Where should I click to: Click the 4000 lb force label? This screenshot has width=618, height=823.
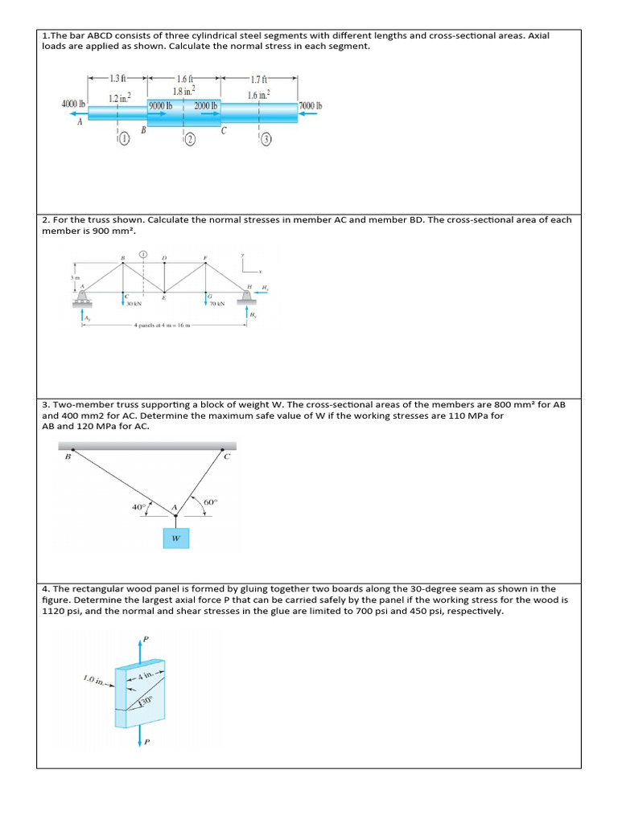(x=73, y=104)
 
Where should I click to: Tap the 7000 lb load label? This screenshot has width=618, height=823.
(x=310, y=105)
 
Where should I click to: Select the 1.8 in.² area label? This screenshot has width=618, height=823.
(x=183, y=92)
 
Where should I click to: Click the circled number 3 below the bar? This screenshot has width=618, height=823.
(x=267, y=140)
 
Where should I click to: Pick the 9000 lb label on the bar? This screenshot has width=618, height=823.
(x=162, y=105)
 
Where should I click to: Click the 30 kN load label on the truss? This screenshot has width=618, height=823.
(x=134, y=305)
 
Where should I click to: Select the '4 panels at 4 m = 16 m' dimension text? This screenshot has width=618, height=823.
(x=161, y=326)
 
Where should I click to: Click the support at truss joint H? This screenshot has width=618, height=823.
(x=245, y=298)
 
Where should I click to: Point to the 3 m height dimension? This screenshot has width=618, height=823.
(x=74, y=278)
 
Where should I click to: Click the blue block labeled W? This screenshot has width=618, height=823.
(x=176, y=538)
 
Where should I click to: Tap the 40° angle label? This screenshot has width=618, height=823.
(x=139, y=507)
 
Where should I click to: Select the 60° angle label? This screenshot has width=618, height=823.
(x=212, y=503)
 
